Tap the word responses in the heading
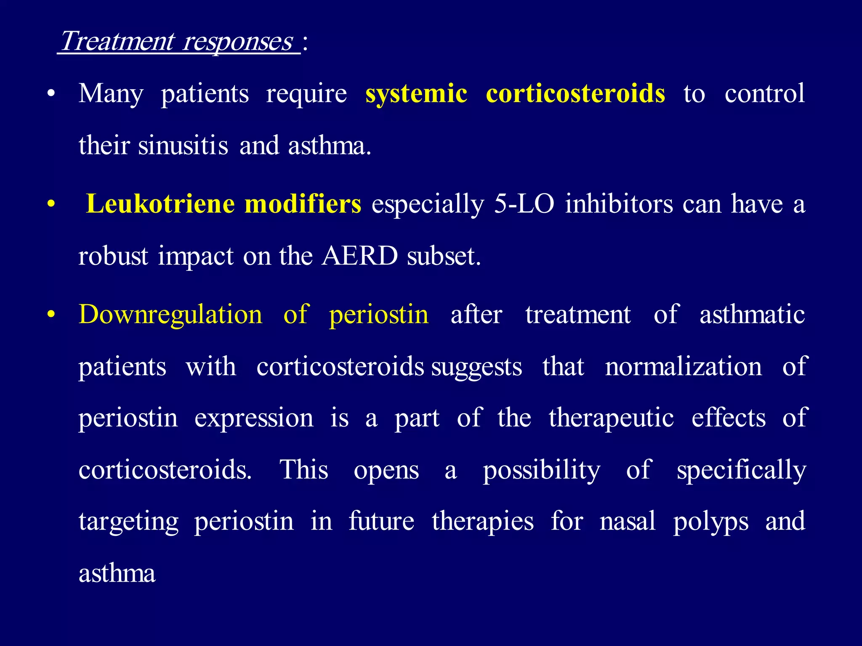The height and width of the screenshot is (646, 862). pos(238,42)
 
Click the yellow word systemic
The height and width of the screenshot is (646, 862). pos(416,93)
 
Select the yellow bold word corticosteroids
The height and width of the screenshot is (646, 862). pos(575,93)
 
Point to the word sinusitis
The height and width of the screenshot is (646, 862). pos(183,146)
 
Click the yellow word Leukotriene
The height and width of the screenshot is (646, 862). pos(160,204)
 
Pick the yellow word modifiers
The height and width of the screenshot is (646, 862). pos(303,204)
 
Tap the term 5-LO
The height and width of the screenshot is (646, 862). pos(524,204)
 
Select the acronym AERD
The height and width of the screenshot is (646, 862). pos(359,256)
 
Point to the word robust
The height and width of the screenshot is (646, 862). pos(113,256)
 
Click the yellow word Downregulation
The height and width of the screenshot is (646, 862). pos(170,315)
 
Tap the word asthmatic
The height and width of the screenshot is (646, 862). pos(752,315)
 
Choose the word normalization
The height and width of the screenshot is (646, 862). pos(683,366)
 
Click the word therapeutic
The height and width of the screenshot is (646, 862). pos(611,418)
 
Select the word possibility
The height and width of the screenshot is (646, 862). pos(541,470)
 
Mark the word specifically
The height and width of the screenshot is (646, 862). pos(741,470)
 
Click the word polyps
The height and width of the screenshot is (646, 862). pos(710,522)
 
